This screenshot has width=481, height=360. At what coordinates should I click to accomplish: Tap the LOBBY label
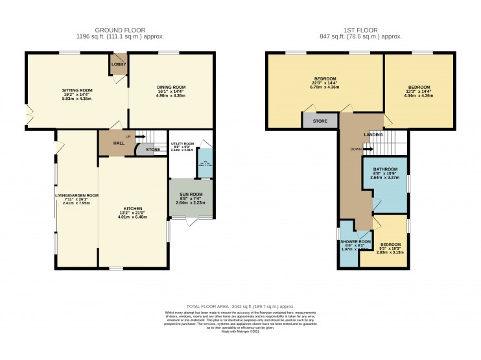tap(119, 64)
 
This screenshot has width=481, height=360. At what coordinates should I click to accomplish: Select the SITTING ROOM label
tap(77, 91)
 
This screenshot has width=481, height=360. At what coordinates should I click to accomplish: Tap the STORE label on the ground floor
tap(152, 150)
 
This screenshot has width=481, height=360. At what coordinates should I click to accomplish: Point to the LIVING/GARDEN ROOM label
tap(76, 195)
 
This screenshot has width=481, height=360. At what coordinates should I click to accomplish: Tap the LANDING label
tap(373, 134)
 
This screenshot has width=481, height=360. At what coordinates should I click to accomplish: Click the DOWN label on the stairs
tap(356, 149)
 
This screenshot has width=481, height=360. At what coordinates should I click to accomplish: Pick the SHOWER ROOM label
tap(355, 241)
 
